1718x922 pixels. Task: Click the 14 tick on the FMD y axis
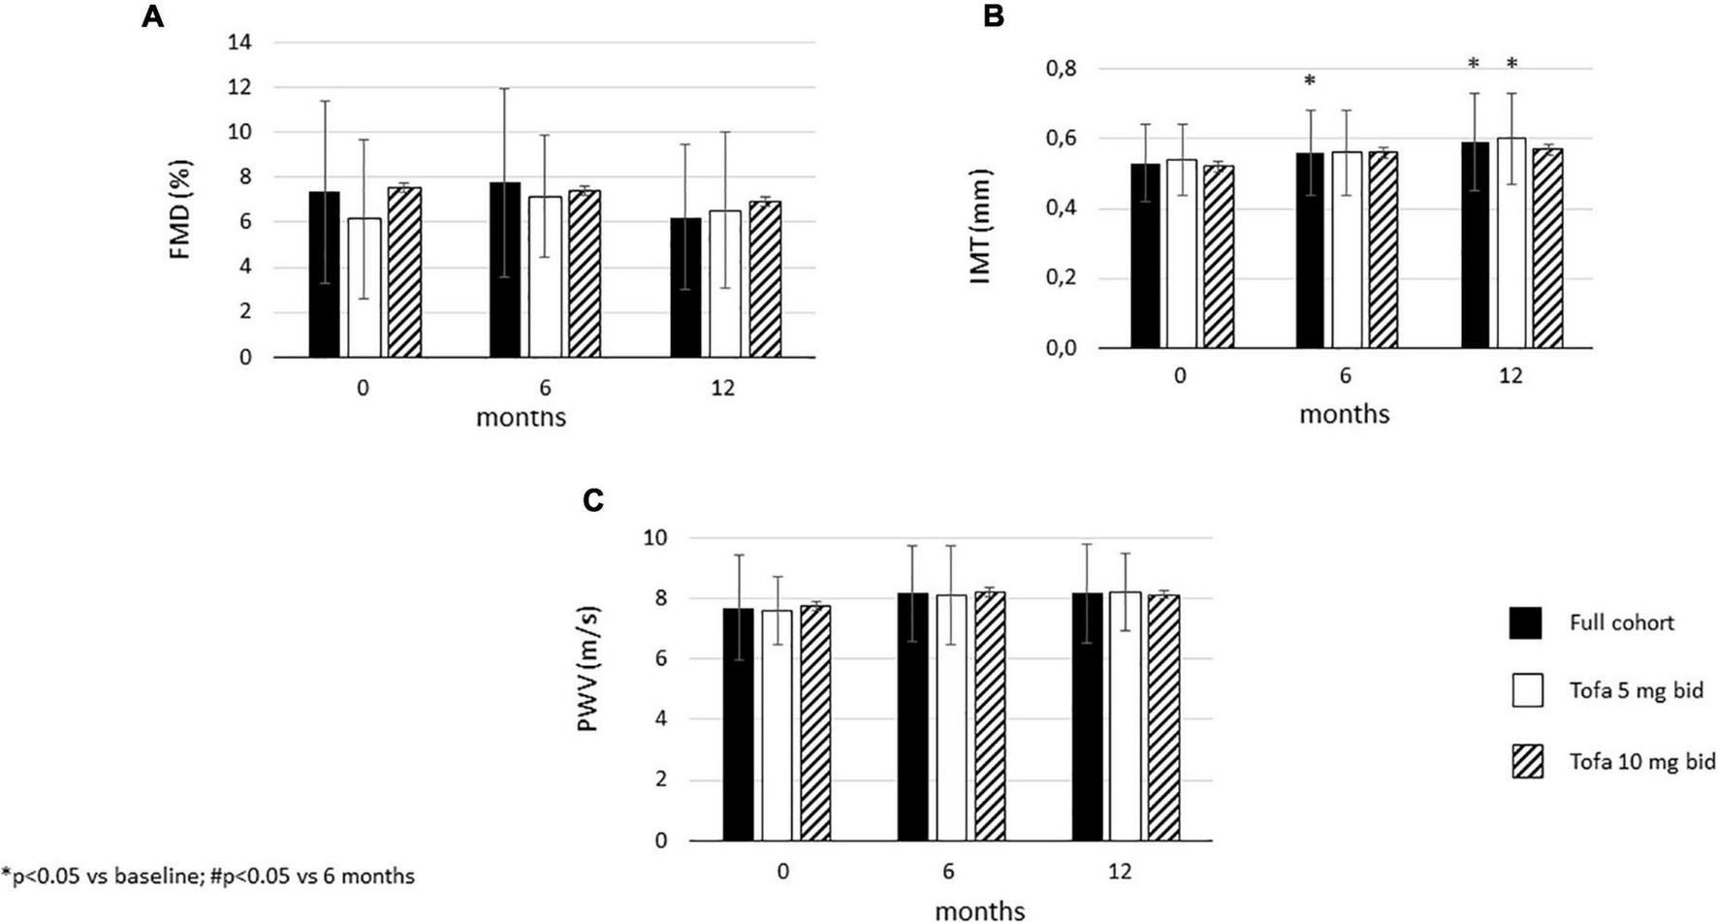coord(239,42)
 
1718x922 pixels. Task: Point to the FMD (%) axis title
coord(181,209)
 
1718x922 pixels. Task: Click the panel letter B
coord(993,16)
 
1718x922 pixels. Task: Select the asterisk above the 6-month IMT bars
coord(1309,80)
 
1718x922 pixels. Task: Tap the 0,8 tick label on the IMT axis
coord(1061,69)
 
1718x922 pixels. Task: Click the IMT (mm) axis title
coord(981,226)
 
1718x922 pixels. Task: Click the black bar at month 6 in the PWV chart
coord(912,716)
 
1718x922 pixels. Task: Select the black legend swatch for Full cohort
coord(1526,623)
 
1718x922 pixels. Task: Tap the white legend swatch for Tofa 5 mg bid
coord(1526,690)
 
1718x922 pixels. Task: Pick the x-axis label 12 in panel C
coord(1119,871)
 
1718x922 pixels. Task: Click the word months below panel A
coord(521,418)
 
